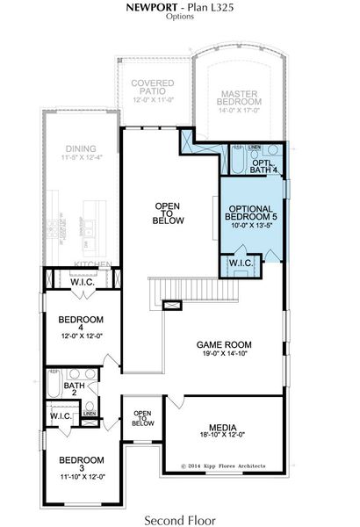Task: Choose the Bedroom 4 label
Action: click(82, 319)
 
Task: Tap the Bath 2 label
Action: click(74, 386)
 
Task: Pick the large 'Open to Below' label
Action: click(169, 213)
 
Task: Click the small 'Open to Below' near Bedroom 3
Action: click(142, 417)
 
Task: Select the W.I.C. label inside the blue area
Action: click(242, 263)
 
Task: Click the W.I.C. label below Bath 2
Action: click(61, 416)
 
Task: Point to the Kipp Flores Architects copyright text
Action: click(224, 466)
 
